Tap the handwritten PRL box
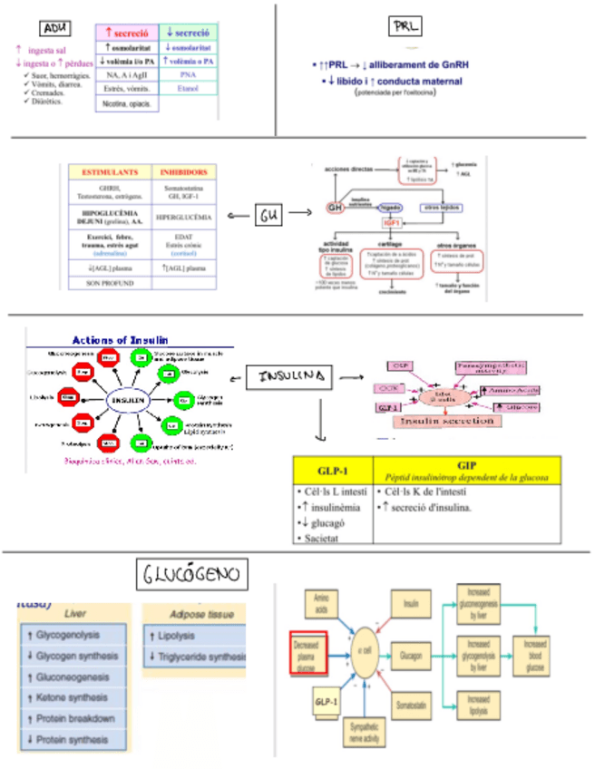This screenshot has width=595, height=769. pos(402,26)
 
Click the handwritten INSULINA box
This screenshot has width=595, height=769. pos(291,376)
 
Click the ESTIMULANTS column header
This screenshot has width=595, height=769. pos(110,171)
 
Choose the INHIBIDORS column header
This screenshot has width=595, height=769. pos(185,171)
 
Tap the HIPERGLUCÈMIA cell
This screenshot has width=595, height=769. pos(185,219)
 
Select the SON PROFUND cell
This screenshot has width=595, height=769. pos(110,284)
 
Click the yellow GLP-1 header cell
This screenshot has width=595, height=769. pos(332,471)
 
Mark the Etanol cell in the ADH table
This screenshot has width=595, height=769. pos(189,88)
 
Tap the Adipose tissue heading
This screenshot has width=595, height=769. pos(193,613)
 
